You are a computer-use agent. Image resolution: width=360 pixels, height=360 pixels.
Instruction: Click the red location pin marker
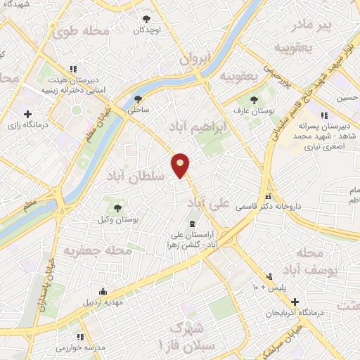pos(181,165)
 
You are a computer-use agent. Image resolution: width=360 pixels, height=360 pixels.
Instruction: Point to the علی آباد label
pos(210,203)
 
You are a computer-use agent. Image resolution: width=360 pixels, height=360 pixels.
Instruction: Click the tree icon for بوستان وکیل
pos(117,207)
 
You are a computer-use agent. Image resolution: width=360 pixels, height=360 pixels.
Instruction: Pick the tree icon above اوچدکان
pos(146,20)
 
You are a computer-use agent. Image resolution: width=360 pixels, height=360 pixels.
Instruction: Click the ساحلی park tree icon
pos(138,99)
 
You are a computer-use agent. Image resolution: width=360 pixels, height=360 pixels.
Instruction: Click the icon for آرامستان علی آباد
pos(193,223)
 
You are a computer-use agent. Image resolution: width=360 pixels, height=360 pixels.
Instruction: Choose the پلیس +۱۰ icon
pos(269,276)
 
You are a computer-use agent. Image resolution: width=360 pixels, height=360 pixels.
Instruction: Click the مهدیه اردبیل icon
pos(103,291)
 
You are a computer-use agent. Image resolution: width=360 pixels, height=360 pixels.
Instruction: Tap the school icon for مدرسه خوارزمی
pos(82,337)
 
